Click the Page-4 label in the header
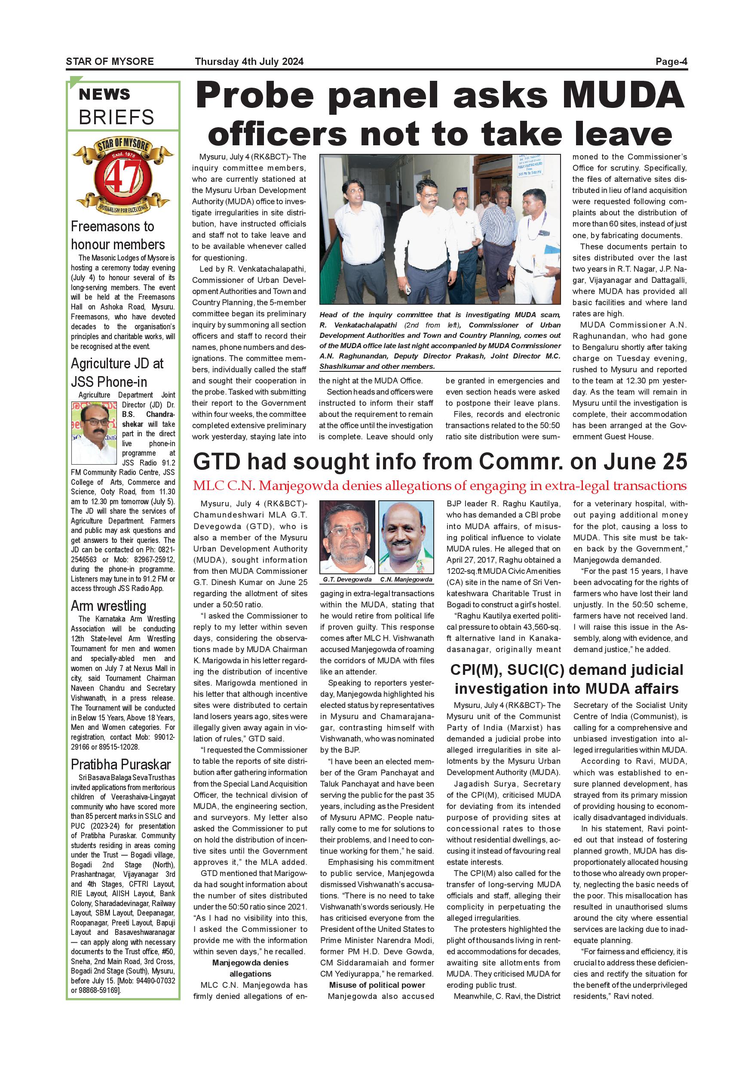click(x=671, y=62)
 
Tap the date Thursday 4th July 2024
click(x=249, y=62)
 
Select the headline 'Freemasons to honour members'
click(x=117, y=236)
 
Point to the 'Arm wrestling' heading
click(x=109, y=606)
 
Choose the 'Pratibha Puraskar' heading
click(x=121, y=764)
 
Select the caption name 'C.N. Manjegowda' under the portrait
click(x=406, y=579)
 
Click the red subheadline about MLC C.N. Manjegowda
click(x=439, y=486)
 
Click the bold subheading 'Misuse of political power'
click(x=377, y=985)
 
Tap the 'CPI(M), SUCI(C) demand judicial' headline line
click(x=567, y=670)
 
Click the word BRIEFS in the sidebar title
click(x=116, y=117)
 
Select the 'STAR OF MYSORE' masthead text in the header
click(x=110, y=62)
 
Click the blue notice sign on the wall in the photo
click(x=530, y=166)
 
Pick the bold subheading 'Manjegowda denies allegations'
click(x=250, y=968)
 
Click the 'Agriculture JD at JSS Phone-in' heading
click(x=117, y=372)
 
